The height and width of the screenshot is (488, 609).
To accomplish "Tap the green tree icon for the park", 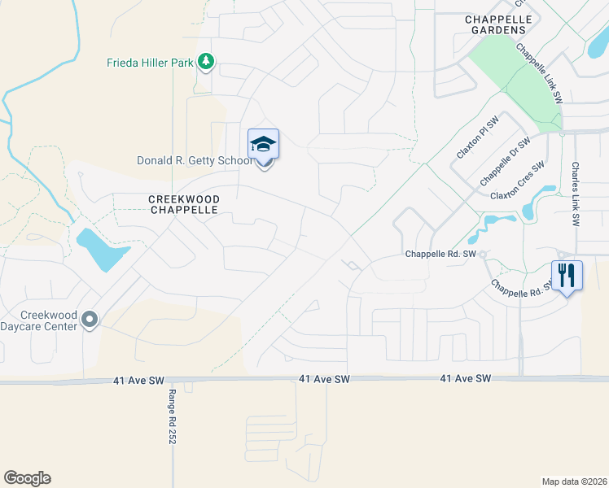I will coord(207,62).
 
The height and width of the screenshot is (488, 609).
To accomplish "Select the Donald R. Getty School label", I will coord(195,161).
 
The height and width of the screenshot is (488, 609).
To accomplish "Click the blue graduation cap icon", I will coord(263,145).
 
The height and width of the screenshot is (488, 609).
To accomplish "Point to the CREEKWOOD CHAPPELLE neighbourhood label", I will coord(183,203).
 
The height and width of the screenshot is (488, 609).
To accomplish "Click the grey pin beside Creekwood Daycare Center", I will coord(90,321).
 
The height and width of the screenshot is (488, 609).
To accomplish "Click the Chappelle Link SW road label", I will coord(540,72).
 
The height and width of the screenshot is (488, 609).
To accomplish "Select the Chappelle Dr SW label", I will coord(505,160).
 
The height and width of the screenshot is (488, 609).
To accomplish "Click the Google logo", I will coord(27,478).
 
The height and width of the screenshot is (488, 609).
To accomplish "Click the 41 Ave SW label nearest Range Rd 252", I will coord(134,379).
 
